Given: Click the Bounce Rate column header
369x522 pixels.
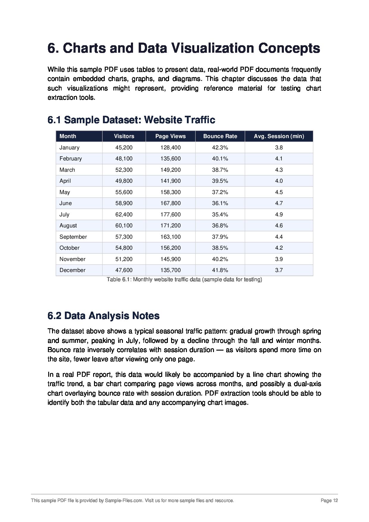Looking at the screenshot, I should (x=220, y=136).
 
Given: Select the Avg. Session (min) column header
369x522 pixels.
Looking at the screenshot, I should (x=279, y=136).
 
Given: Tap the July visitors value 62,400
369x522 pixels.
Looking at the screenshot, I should (x=124, y=215).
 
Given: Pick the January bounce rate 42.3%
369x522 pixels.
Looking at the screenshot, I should (x=220, y=148).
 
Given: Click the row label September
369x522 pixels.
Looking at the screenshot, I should (x=73, y=237).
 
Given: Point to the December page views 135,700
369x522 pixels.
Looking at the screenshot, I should (x=171, y=270).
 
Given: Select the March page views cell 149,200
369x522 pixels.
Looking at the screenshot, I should (x=171, y=170).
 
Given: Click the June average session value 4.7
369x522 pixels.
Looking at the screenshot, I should (x=279, y=203).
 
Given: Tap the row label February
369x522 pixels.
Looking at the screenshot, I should (x=71, y=159).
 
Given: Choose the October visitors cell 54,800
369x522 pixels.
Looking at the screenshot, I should (x=124, y=248).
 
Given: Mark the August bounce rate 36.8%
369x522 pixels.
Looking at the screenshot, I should (x=220, y=226).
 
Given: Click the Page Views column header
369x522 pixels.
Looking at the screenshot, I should (x=171, y=136).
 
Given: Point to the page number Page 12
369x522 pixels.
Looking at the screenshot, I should (x=329, y=501).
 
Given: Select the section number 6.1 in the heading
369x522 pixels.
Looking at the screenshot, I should (x=54, y=120).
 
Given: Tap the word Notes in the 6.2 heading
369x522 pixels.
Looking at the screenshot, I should (x=146, y=316).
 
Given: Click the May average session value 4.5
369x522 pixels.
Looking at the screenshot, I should (x=279, y=192).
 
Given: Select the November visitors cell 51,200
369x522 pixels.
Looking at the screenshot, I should (x=124, y=259).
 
